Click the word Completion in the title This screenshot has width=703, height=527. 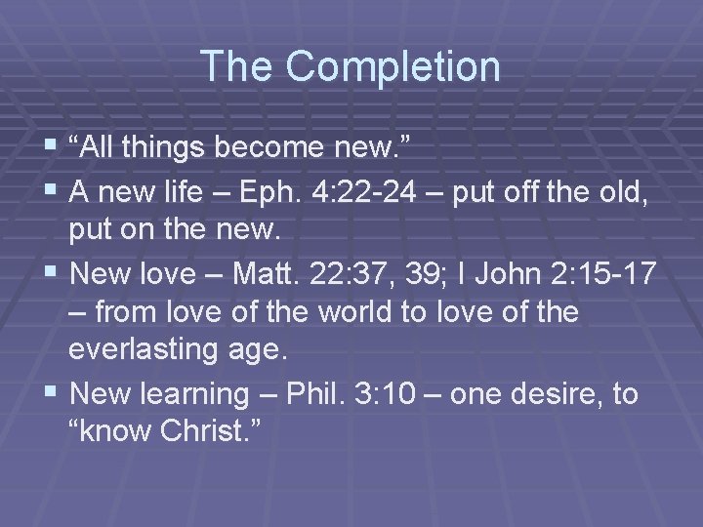pos(393,66)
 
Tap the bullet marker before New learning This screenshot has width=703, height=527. pos(52,394)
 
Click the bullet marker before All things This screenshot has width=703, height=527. pos(52,146)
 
